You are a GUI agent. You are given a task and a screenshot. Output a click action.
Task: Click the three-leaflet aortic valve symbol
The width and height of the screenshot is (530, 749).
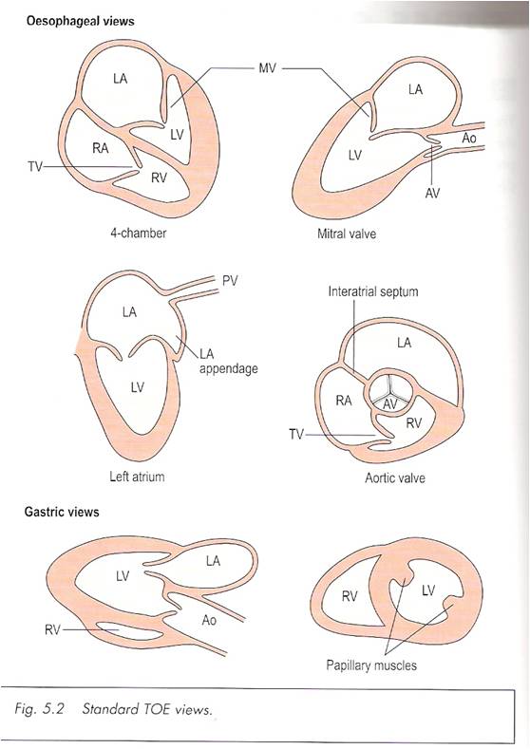click(391, 389)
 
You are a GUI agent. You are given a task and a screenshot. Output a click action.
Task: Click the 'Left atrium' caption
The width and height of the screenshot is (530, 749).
click(136, 477)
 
